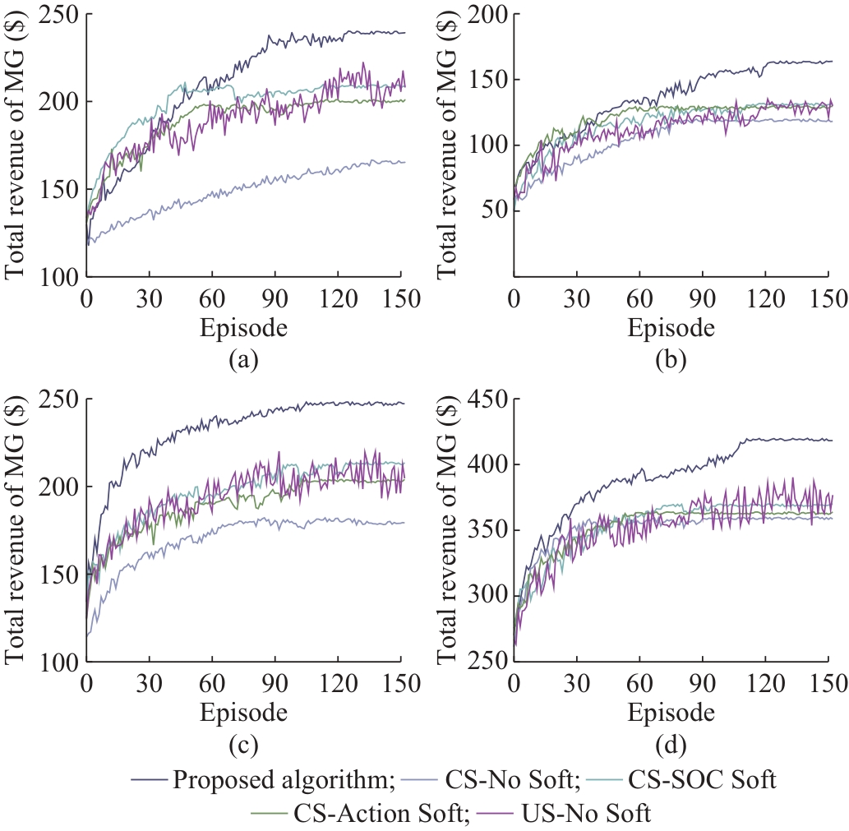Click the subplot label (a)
coord(243,359)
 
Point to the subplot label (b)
coord(671,359)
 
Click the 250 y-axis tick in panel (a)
coord(58,15)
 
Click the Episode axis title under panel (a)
coord(243,328)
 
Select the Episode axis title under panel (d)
coord(671,713)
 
